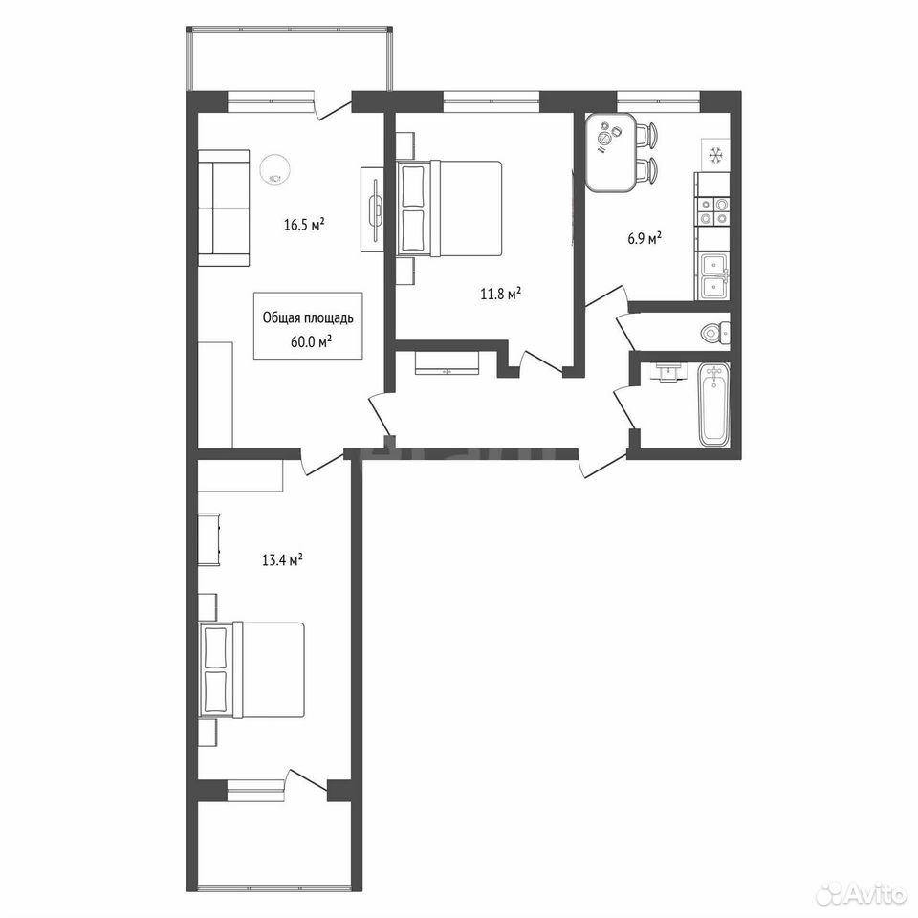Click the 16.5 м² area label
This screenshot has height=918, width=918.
tap(304, 225)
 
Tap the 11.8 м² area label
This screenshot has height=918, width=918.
tap(500, 294)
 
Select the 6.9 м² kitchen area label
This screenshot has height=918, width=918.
tap(645, 238)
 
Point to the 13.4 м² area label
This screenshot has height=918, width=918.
tap(282, 561)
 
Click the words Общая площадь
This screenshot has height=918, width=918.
tap(308, 318)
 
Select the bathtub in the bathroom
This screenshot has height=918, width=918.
tap(714, 404)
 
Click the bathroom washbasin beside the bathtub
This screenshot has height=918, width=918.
tap(666, 372)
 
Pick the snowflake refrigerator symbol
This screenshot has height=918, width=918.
tap(715, 155)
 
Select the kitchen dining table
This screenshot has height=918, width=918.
tap(611, 152)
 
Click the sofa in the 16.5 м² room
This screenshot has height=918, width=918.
tap(224, 208)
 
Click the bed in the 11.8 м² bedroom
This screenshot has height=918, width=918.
tap(449, 208)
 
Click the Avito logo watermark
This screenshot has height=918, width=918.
tap(863, 894)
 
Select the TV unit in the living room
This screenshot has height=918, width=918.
tap(372, 209)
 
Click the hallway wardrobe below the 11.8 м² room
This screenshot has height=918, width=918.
tap(448, 363)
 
